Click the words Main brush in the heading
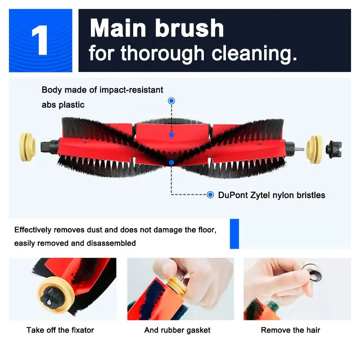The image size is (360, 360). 157,28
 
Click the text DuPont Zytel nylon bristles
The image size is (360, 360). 271,195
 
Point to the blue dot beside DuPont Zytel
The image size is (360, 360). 210,195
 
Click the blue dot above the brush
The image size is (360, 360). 171,101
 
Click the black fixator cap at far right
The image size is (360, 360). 334,147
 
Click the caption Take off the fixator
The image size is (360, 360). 60,330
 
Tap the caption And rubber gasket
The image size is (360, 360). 177,330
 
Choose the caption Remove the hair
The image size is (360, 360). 290,330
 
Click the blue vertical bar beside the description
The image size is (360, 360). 234,234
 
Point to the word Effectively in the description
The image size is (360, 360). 33,230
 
